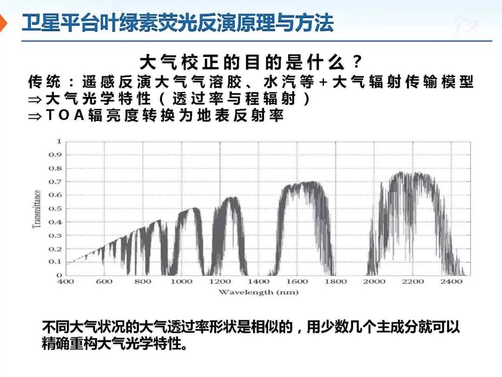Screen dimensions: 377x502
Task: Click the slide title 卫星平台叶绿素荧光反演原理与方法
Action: coord(178,23)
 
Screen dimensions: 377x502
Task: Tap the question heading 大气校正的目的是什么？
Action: coord(251,62)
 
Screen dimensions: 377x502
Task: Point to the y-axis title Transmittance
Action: coord(37,208)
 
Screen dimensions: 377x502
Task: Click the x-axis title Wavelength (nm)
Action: coord(258,292)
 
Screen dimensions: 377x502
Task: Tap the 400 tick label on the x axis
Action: coord(66,282)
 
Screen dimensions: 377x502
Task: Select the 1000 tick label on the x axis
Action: coord(181,282)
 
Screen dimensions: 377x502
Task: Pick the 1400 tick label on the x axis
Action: coord(258,282)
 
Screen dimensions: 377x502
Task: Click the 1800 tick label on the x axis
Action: coord(336,282)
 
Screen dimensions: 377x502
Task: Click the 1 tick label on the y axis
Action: coord(59,141)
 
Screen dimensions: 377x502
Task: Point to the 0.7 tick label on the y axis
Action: coord(55,182)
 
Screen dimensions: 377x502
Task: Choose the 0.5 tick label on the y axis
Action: coord(55,209)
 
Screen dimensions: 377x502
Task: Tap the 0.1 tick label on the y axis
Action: coord(55,262)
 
